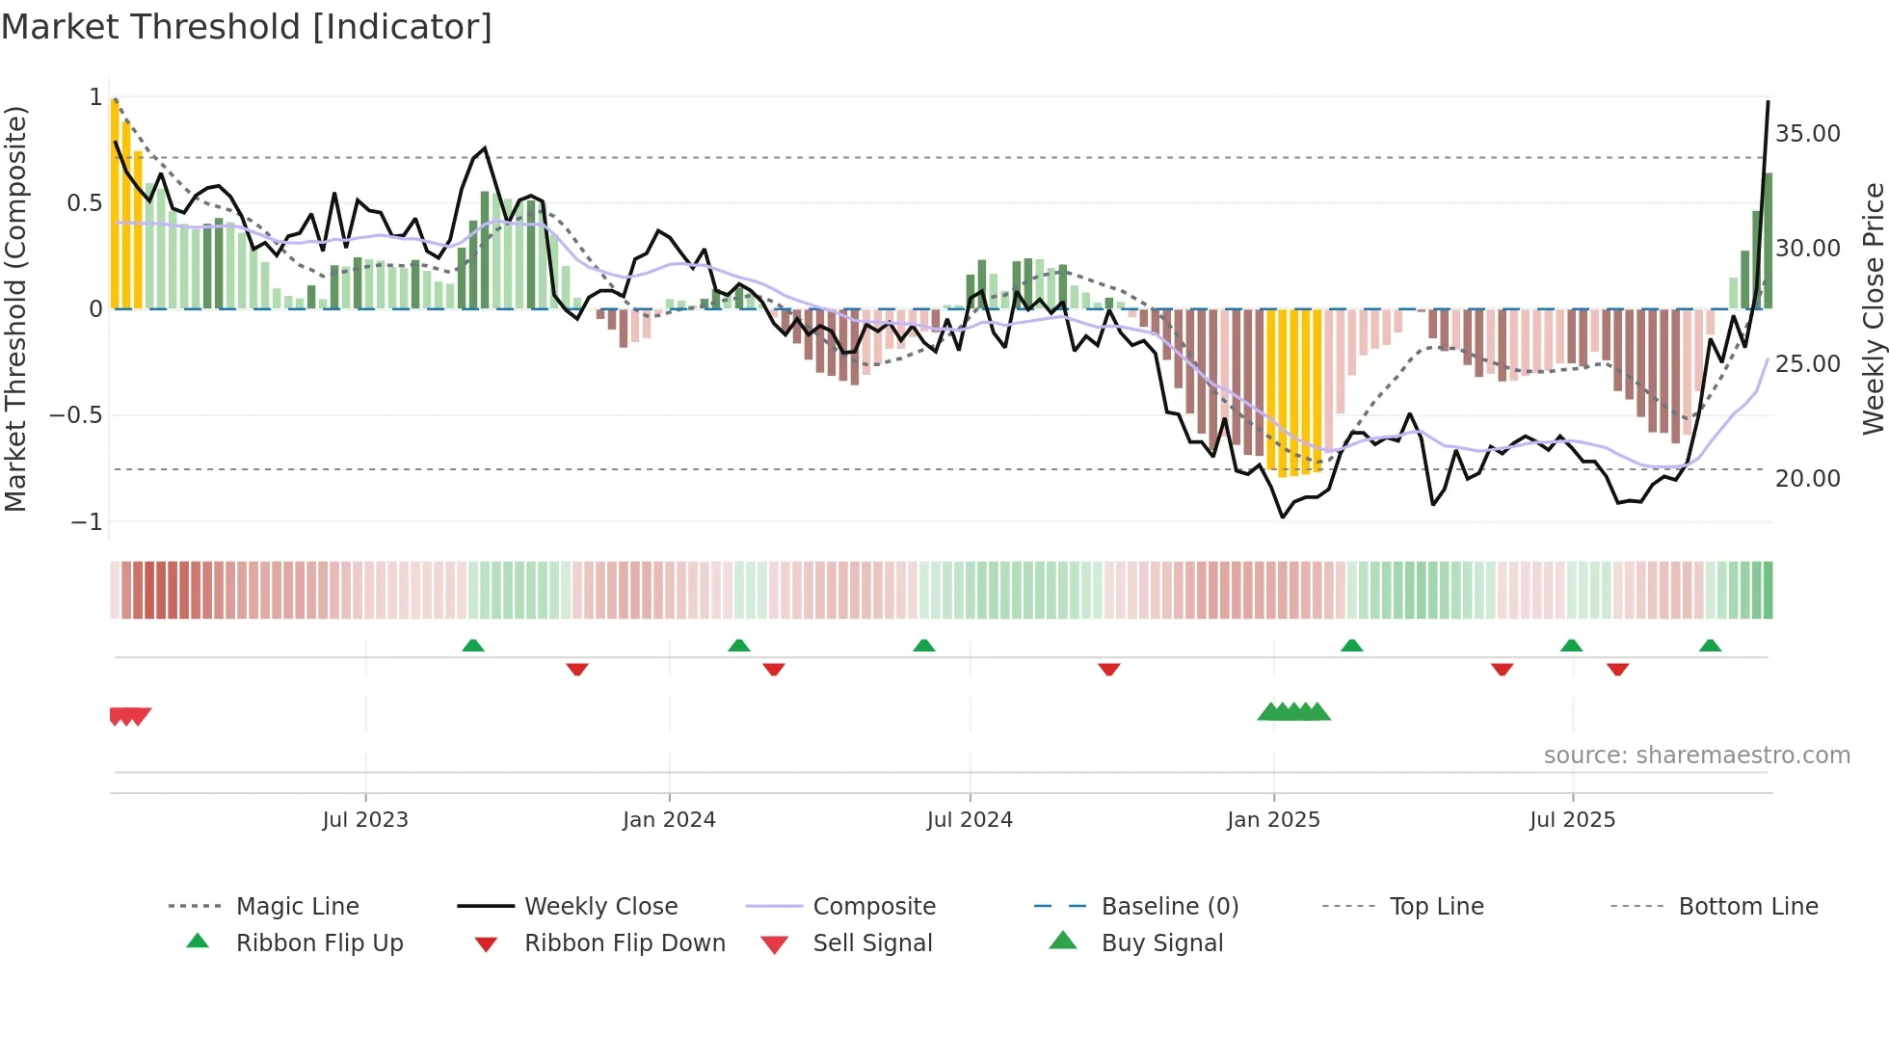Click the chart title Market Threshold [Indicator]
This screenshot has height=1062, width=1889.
click(x=247, y=27)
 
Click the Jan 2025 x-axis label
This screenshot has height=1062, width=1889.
click(x=1273, y=820)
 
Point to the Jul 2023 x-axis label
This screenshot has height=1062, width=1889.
click(x=365, y=820)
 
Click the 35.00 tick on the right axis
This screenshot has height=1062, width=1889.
click(x=1807, y=134)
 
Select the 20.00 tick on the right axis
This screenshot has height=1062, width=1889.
click(x=1807, y=479)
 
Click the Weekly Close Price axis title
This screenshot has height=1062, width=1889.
click(x=1873, y=308)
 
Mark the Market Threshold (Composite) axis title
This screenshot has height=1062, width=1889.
click(x=15, y=308)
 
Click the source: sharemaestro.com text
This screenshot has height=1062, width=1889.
click(x=1696, y=756)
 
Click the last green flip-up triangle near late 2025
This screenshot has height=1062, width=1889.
click(x=1710, y=646)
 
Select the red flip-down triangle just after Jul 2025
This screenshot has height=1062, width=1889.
click(x=1617, y=669)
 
